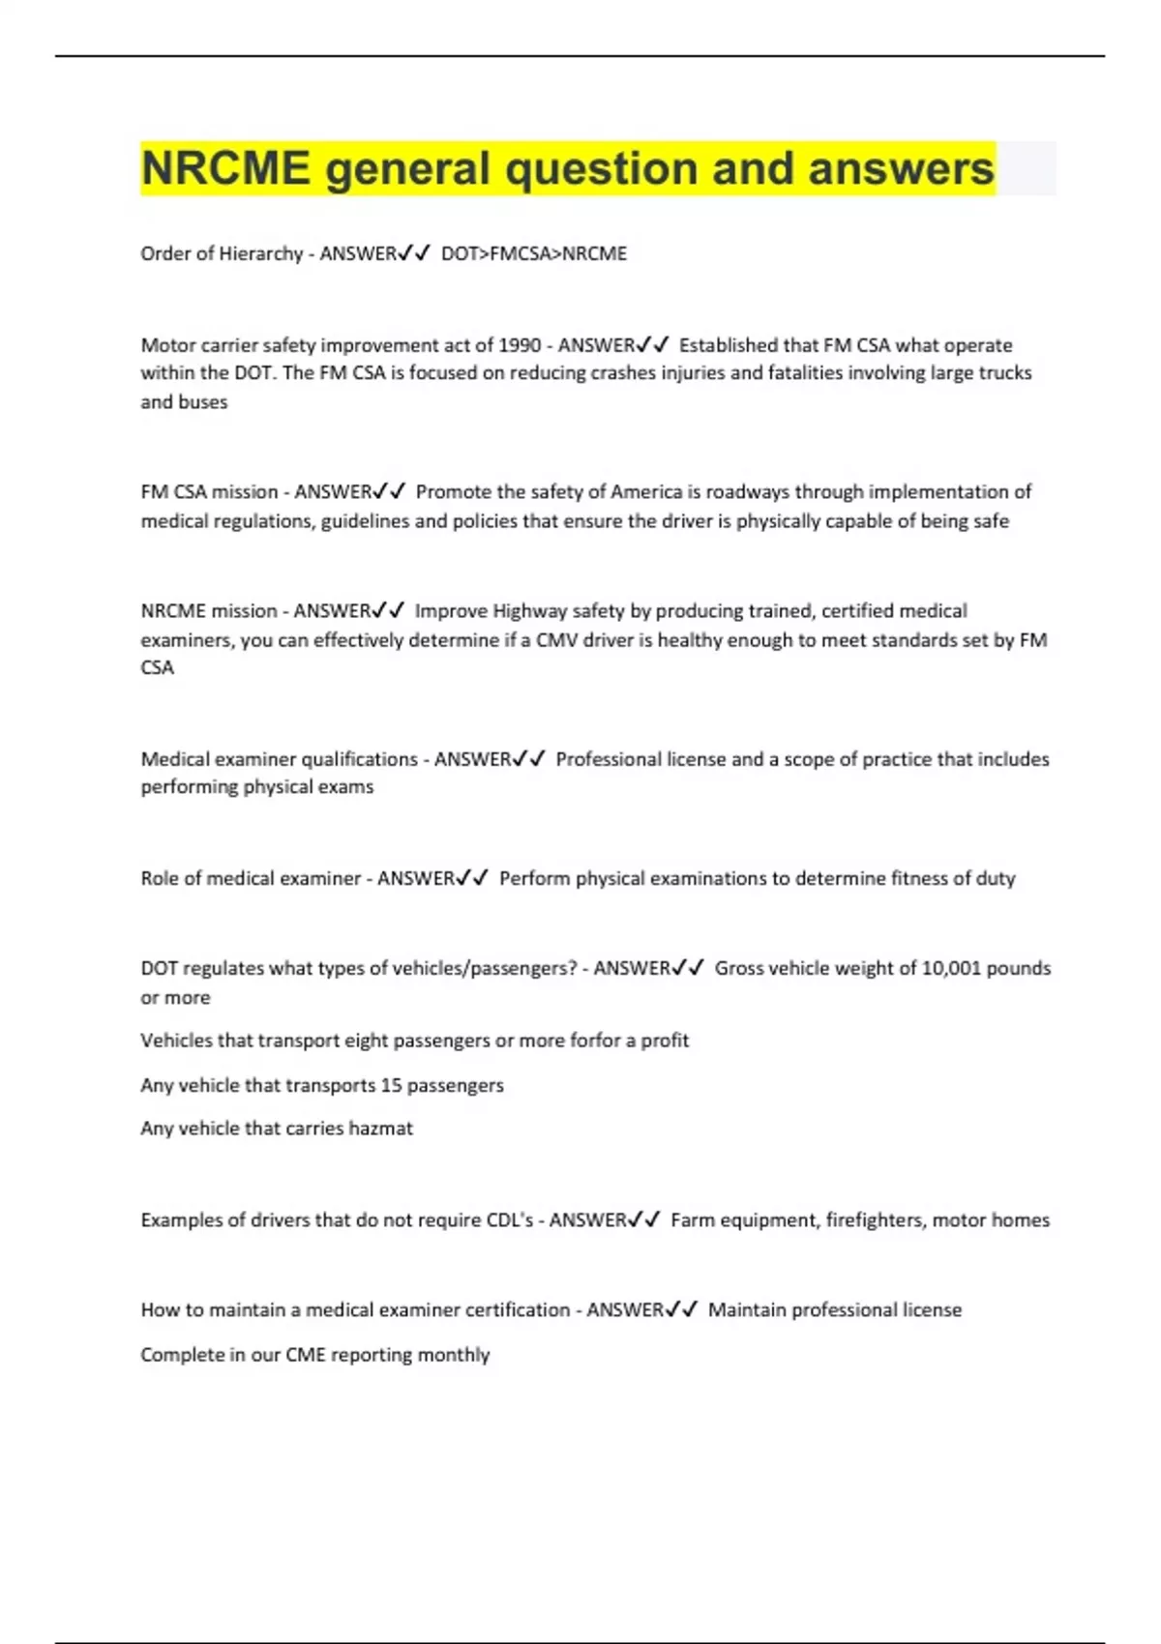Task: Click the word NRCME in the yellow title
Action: tap(225, 168)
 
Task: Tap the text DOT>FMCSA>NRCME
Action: tap(534, 253)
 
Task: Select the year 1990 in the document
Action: tap(520, 345)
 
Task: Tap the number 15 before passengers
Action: tap(391, 1085)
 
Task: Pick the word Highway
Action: tap(530, 611)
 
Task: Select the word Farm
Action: tap(691, 1220)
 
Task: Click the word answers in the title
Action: tap(901, 168)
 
